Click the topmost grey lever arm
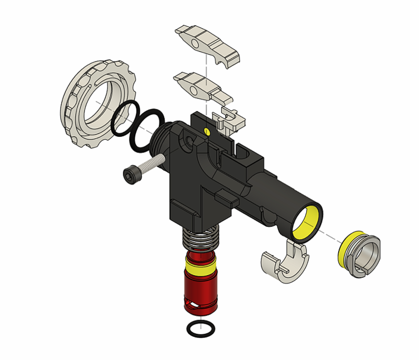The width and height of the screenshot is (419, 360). tap(210, 45)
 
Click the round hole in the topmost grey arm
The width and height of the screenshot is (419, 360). tap(198, 43)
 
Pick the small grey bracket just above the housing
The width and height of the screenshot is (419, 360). tap(230, 119)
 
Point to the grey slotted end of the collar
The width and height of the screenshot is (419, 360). tap(367, 257)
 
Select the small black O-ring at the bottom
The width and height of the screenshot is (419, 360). tap(200, 329)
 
